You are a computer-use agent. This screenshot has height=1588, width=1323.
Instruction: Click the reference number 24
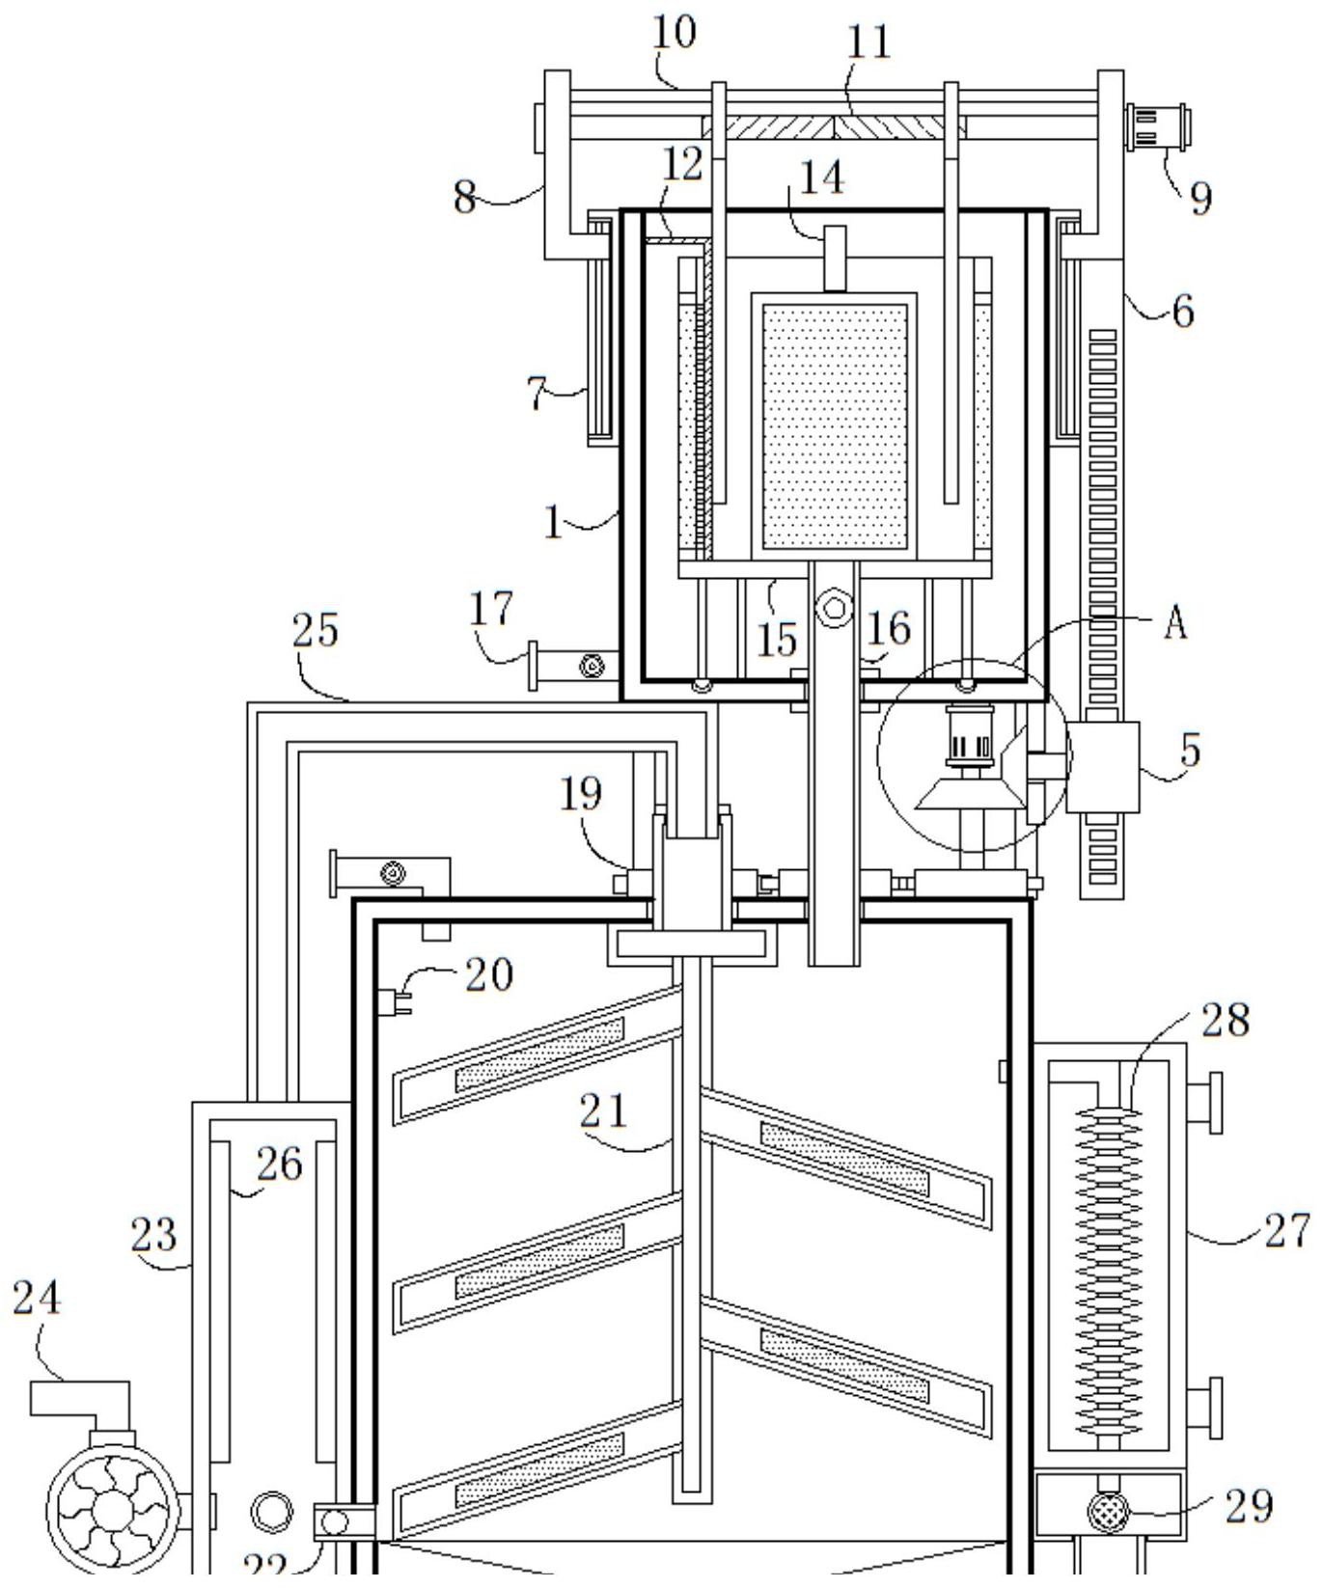coord(37,1299)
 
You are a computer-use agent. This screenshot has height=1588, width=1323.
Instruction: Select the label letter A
coord(1175,625)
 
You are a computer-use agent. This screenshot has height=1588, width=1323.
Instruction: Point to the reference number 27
coord(1287,1231)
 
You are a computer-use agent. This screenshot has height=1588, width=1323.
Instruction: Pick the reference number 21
coord(604,1110)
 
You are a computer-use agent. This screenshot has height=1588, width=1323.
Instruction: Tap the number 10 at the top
coord(674,33)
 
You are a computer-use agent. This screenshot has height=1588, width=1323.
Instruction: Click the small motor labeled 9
coord(1158,129)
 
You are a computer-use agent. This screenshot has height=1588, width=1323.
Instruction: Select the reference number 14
coord(822,178)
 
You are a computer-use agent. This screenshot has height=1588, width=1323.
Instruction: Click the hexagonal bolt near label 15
coord(834,609)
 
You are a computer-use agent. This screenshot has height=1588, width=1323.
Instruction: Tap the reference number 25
coord(316,631)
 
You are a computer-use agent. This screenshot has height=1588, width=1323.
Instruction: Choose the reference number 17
coord(492,610)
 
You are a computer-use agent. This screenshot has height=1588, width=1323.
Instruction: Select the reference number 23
coord(154,1236)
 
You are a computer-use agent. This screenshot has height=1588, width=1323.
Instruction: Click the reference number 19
coord(581,794)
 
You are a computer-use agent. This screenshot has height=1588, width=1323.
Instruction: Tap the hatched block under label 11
coord(832,127)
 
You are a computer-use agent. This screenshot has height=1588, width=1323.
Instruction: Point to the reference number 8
coord(465,198)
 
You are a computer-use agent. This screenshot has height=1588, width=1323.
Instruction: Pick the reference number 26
coord(280,1164)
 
